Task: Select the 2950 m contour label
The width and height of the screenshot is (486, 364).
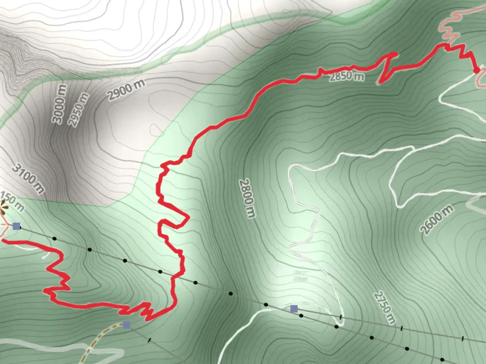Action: pos(79,110)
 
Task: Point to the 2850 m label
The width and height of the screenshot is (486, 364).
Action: pos(347,77)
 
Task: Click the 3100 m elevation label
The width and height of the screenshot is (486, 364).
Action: pos(28,178)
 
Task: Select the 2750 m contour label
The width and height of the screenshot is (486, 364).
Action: pos(384,308)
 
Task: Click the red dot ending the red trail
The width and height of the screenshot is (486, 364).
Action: pos(477,70)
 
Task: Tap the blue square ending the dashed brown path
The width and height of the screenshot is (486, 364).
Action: pos(127,325)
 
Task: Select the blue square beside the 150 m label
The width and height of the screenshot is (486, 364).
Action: pos(16,226)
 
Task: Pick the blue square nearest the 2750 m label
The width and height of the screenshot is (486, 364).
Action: pos(294,309)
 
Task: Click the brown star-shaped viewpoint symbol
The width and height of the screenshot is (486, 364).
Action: pos(3,207)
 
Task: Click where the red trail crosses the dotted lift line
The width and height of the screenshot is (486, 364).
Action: pos(175,277)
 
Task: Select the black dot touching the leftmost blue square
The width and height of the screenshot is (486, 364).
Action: pos(21,228)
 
